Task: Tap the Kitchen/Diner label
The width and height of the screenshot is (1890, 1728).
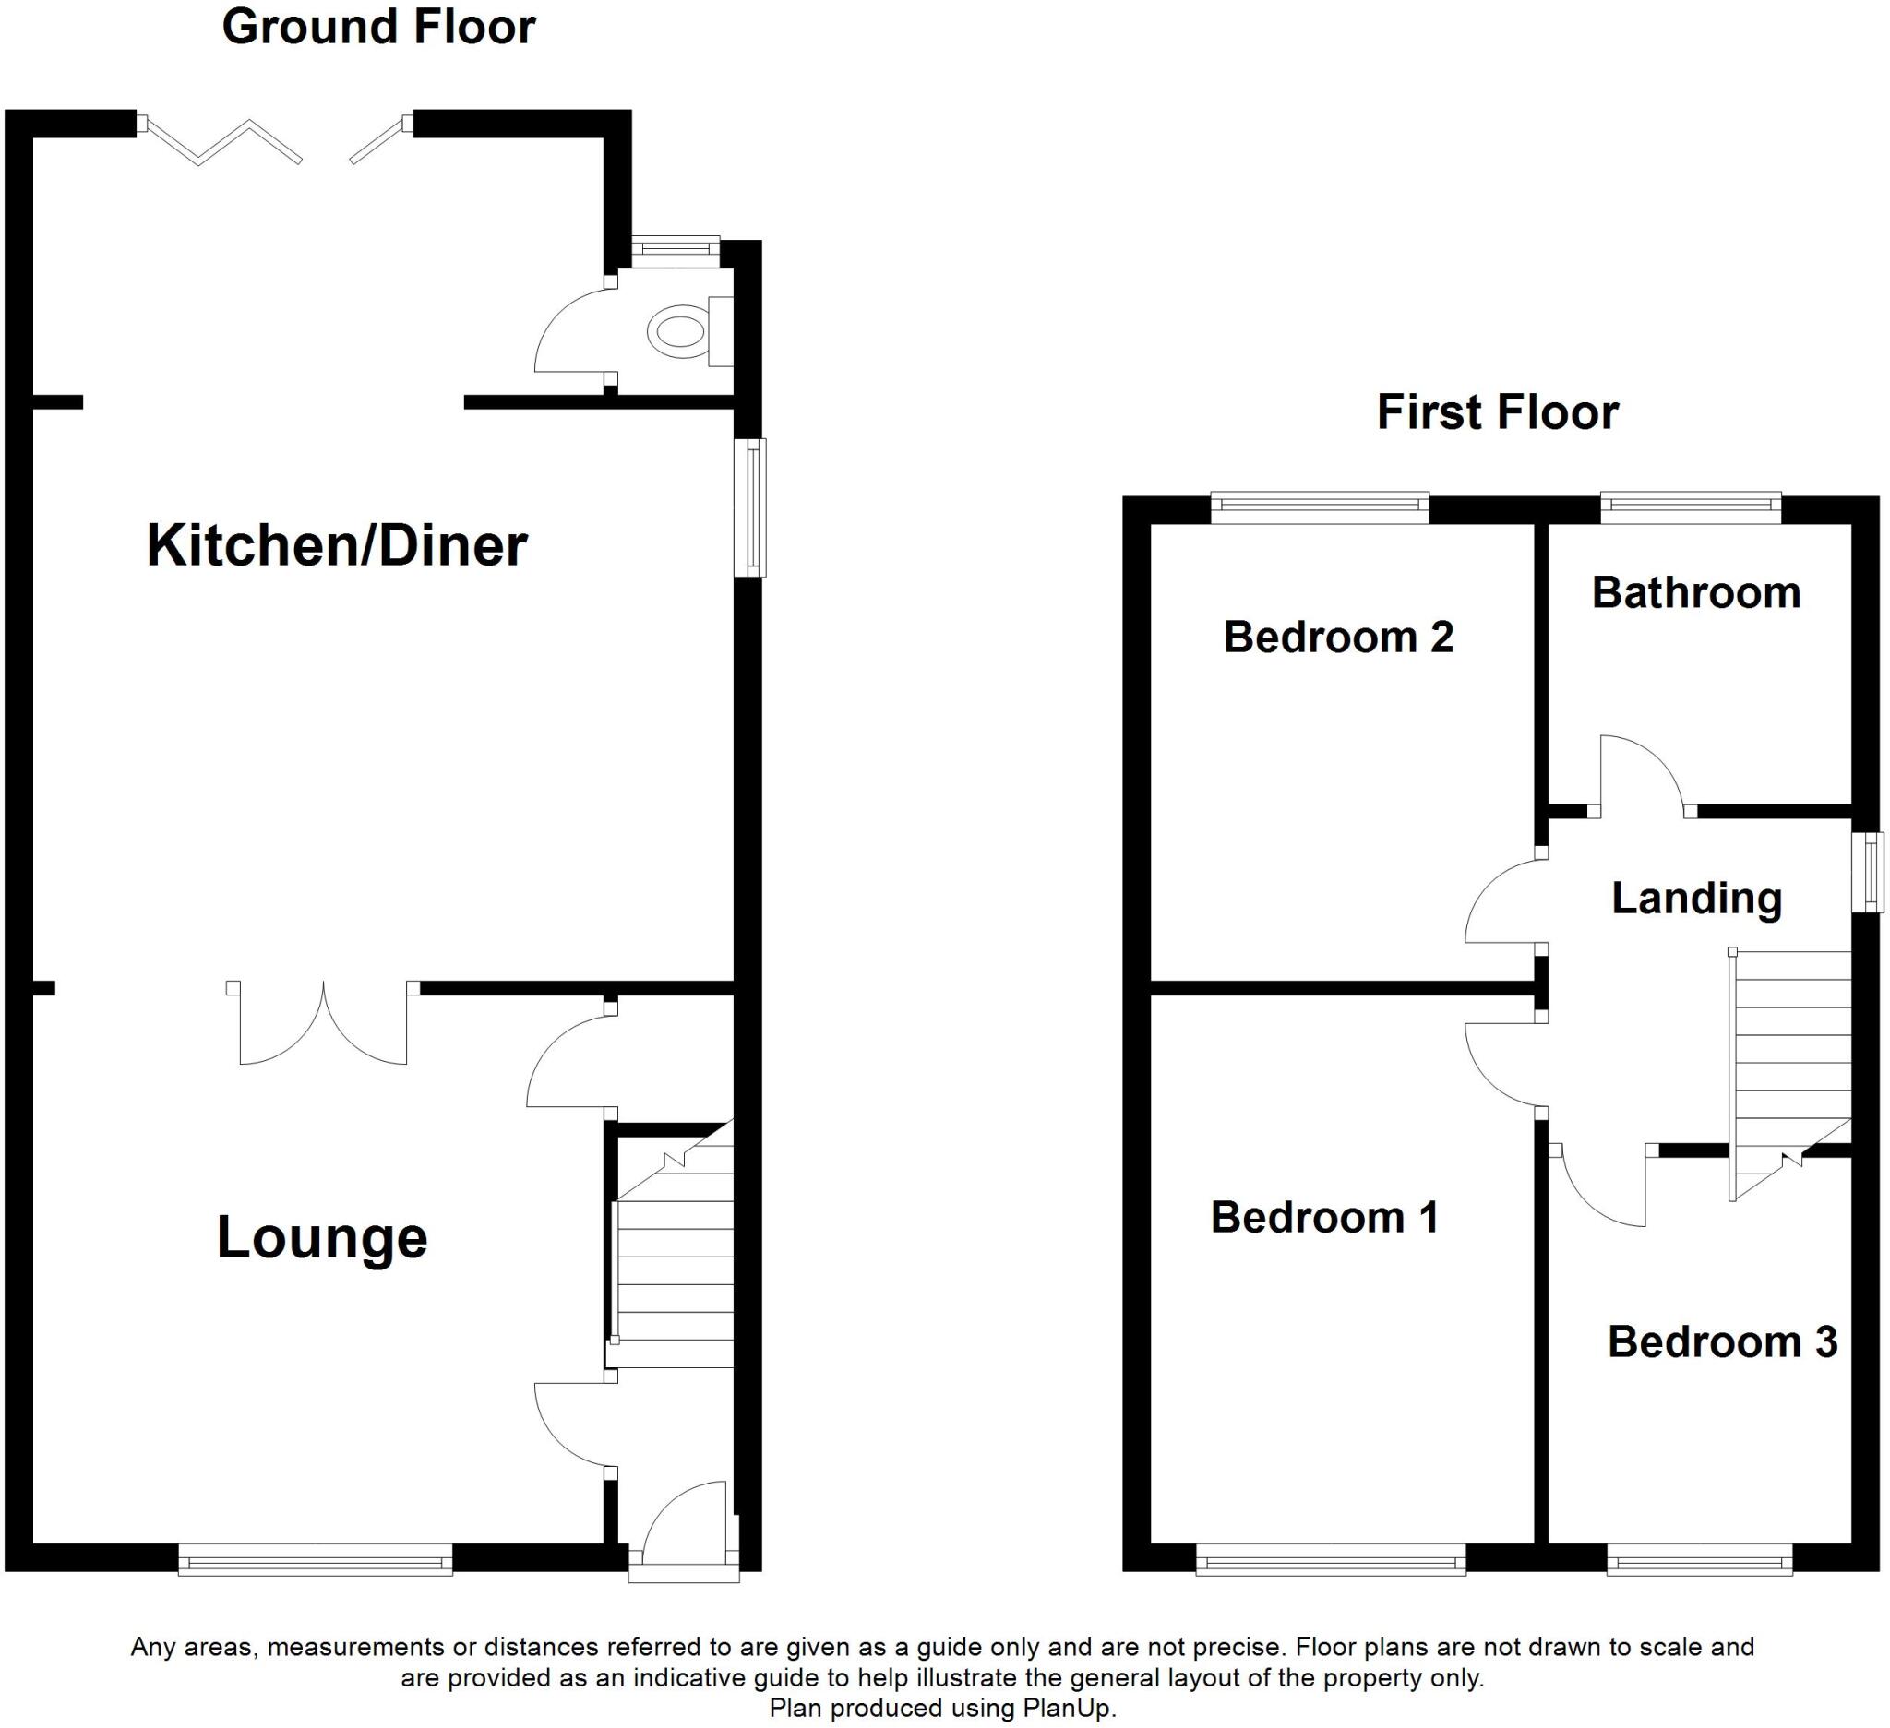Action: pos(337,545)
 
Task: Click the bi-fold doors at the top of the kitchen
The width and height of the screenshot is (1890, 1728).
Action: pos(272,140)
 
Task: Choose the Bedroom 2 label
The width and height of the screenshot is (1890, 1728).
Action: pos(1338,638)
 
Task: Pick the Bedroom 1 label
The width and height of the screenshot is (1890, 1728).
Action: pos(1323,1217)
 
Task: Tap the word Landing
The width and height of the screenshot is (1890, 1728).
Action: pos(1696,898)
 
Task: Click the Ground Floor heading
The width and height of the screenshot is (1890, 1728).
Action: pos(378,26)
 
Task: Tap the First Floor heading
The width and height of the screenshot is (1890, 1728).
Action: pos(1497,412)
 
